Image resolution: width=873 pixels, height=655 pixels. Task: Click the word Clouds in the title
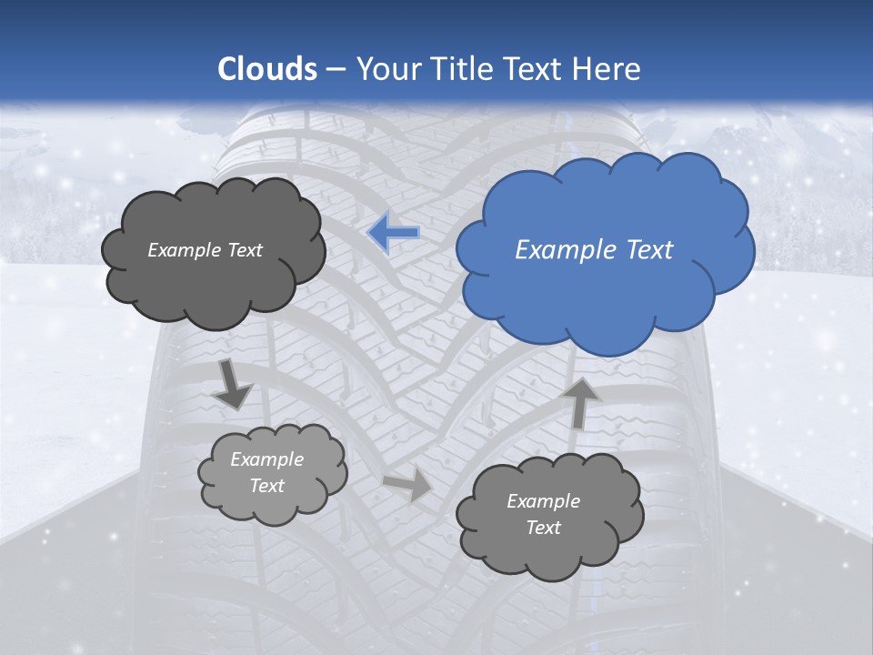click(x=267, y=69)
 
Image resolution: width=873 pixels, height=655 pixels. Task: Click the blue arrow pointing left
click(x=394, y=233)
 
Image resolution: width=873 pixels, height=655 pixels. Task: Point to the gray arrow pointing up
click(x=581, y=401)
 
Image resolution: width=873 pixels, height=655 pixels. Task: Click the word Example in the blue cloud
click(x=567, y=250)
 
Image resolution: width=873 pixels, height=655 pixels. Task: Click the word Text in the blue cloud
click(x=648, y=250)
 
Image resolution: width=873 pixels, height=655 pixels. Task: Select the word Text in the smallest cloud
click(x=266, y=486)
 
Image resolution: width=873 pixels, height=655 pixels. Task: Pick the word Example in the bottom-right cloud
click(x=543, y=501)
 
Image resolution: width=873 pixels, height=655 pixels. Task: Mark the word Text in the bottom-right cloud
click(x=543, y=528)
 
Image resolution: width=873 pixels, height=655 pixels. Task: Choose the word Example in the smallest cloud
click(x=266, y=459)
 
